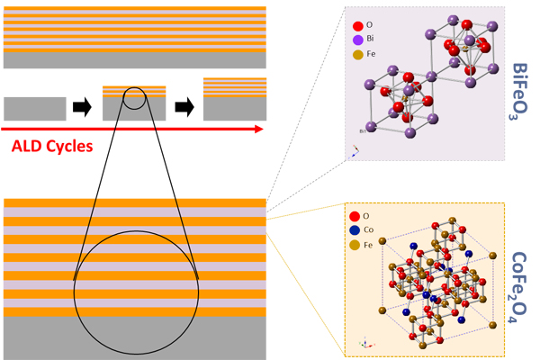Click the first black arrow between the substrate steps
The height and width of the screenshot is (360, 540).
(x=82, y=108)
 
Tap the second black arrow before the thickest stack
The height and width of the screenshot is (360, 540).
(x=184, y=108)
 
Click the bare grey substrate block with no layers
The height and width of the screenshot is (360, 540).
(x=35, y=108)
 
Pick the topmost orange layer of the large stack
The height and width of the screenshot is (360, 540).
(x=135, y=202)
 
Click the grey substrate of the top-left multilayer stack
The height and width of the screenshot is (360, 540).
(x=135, y=59)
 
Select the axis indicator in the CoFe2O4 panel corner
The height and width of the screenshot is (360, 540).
(x=364, y=343)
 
